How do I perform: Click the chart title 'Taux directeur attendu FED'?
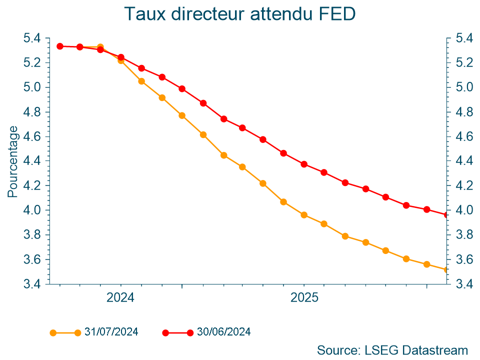click(240, 14)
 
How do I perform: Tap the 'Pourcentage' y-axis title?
click(13, 161)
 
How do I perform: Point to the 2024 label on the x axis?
click(120, 298)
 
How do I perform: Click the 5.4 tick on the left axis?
click(33, 38)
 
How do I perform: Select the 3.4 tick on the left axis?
click(33, 284)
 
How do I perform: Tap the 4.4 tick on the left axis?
click(33, 161)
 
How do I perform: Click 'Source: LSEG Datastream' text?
click(392, 350)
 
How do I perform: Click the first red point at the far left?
click(59, 46)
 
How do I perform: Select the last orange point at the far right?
click(446, 270)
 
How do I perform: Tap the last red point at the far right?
click(446, 215)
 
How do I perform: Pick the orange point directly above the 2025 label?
click(304, 215)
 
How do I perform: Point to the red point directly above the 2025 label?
click(304, 164)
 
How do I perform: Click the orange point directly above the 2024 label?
click(121, 60)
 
